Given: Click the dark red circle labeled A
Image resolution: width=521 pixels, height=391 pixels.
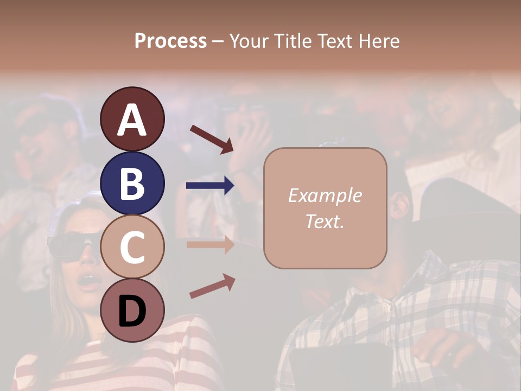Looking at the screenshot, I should pyautogui.click(x=132, y=119).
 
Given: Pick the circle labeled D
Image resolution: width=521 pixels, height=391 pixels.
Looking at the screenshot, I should pyautogui.click(x=132, y=310).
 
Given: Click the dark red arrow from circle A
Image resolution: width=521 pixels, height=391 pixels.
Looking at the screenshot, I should pyautogui.click(x=212, y=139).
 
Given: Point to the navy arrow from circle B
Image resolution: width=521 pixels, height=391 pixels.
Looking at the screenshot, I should pyautogui.click(x=210, y=186).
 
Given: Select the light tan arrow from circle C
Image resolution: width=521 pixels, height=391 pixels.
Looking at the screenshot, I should pyautogui.click(x=210, y=245).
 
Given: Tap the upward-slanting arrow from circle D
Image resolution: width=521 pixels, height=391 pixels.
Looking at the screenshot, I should pyautogui.click(x=212, y=286).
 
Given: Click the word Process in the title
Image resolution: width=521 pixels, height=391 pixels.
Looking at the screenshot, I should pyautogui.click(x=170, y=41).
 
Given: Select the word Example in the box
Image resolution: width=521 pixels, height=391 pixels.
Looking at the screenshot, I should pyautogui.click(x=325, y=195).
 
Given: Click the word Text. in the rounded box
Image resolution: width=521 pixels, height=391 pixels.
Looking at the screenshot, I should pyautogui.click(x=325, y=221).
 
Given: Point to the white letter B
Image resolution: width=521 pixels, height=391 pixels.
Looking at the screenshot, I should pyautogui.click(x=132, y=183).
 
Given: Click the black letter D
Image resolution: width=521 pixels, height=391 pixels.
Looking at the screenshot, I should pyautogui.click(x=132, y=311).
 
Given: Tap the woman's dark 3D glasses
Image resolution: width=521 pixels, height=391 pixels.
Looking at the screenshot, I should pyautogui.click(x=73, y=245).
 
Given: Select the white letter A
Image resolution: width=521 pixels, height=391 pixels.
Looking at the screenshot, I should pyautogui.click(x=132, y=119).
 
